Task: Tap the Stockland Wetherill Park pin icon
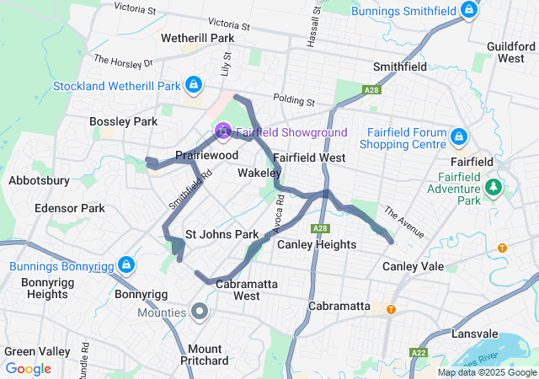(x=194, y=84)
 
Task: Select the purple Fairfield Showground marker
(x=222, y=131)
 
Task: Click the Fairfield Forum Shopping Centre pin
(x=459, y=136)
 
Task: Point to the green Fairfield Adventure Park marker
(x=494, y=186)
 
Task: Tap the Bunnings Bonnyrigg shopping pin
(x=125, y=265)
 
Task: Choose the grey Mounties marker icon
(x=200, y=312)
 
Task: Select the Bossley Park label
(x=124, y=122)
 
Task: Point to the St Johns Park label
(x=221, y=234)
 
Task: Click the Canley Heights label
(x=316, y=245)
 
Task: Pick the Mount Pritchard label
(x=205, y=355)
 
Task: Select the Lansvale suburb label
(x=475, y=334)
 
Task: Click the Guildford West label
(x=510, y=52)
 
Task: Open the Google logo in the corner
(x=28, y=369)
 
